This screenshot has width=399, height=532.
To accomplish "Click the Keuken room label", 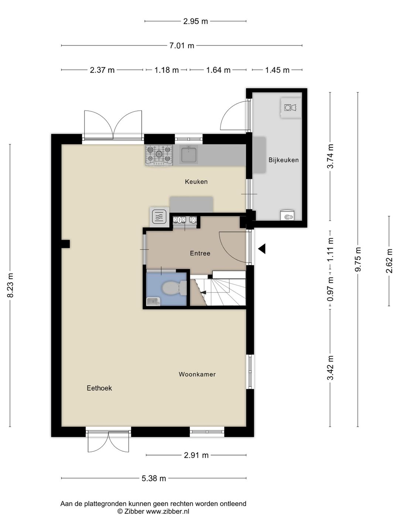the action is pos(196,181).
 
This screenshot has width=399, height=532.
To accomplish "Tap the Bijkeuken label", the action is pos(283,160).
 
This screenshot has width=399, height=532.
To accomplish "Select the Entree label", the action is pos(200,253).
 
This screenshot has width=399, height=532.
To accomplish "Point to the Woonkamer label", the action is pos(197,374).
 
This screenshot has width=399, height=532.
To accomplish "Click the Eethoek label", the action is pos(99,388).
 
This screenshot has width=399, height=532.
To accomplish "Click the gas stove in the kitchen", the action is pos(159,156).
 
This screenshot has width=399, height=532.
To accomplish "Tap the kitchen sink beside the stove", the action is pos(189,154).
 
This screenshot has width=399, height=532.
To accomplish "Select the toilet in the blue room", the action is pos(174,288).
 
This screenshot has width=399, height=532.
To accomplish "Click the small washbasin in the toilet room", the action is pos(153,302).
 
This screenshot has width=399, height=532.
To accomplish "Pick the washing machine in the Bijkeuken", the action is pos(291,108).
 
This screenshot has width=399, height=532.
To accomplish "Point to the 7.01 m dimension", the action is pos(182,45).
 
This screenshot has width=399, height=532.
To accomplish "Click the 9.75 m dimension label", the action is pos(358,259).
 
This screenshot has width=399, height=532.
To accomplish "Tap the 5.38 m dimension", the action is pos(154,478).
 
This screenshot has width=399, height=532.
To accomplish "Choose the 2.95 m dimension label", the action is pos(195,21).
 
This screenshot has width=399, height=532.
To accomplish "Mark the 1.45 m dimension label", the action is pos(277,70).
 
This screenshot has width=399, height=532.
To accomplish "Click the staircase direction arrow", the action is pos(204,292).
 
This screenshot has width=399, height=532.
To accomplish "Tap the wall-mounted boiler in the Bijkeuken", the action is pos(287,215).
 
